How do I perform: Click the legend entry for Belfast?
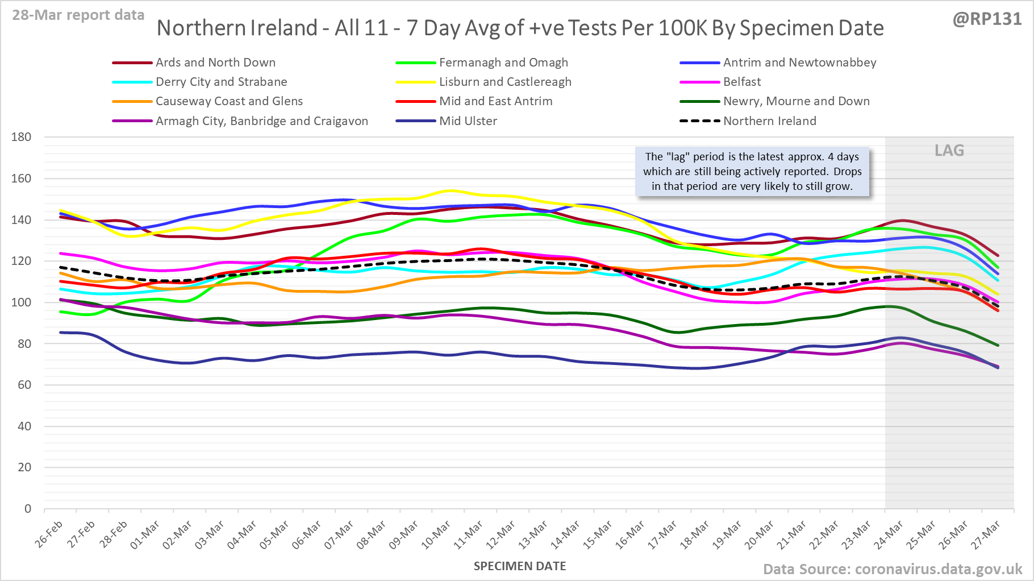tap(741, 82)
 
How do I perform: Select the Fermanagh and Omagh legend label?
tap(503, 63)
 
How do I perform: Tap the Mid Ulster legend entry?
tap(468, 121)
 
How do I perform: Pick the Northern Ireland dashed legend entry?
tap(769, 121)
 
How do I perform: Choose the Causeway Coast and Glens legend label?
tap(229, 101)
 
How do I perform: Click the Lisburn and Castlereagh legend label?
tap(505, 82)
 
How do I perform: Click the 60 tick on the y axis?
tap(24, 385)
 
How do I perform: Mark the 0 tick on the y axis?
tap(27, 509)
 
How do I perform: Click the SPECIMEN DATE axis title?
tap(520, 566)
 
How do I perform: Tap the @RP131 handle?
tap(987, 19)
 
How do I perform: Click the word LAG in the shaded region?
tap(949, 151)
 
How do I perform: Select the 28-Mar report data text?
tap(78, 15)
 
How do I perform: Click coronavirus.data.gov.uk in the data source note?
tap(938, 569)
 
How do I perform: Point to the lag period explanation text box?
tap(752, 172)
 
